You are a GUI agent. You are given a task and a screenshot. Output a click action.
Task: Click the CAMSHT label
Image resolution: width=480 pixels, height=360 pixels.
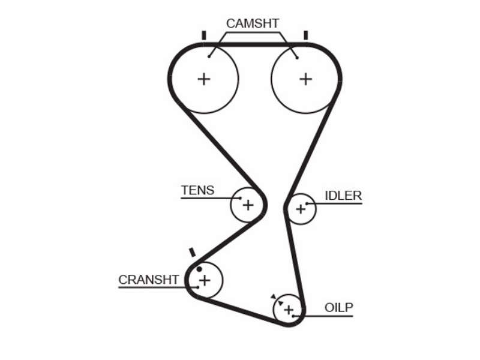click(x=253, y=23)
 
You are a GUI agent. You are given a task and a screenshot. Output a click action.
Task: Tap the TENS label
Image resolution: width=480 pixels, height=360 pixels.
click(x=198, y=190)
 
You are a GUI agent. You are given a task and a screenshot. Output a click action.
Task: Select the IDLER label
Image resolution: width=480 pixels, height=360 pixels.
click(x=343, y=196)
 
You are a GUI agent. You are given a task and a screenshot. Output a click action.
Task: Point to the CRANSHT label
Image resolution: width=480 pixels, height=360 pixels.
click(x=148, y=280)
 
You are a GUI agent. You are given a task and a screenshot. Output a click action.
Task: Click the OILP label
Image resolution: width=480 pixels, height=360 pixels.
click(x=339, y=308)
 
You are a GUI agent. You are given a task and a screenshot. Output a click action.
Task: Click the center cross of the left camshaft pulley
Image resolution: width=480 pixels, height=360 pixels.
click(x=204, y=79)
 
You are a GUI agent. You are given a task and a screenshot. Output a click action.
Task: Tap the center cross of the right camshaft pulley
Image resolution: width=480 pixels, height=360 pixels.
click(x=305, y=79)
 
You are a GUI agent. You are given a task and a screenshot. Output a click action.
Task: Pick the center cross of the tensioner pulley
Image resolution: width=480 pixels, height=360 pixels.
click(x=248, y=205)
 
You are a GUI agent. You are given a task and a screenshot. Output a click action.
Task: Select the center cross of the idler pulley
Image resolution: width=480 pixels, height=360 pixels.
click(x=301, y=209)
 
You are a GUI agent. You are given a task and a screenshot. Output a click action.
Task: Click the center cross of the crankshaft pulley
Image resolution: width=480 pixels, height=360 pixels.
click(x=205, y=280)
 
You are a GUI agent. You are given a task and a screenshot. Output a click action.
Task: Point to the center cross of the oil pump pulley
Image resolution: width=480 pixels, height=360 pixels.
click(x=289, y=310)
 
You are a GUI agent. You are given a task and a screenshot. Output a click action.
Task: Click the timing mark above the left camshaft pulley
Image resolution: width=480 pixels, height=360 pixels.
click(x=204, y=35)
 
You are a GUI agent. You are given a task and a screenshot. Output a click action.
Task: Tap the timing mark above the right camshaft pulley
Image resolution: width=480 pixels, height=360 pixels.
click(x=305, y=35)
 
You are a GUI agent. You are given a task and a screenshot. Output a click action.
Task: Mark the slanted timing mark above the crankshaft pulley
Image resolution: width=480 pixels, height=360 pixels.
click(x=192, y=253)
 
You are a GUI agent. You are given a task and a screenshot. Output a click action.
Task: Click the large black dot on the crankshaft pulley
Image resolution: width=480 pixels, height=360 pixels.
click(x=199, y=269)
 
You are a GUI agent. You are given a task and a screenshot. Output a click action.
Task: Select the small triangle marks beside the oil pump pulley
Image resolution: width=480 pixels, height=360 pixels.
click(x=277, y=300)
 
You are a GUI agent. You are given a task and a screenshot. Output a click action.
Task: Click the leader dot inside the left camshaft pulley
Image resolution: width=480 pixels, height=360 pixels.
click(x=209, y=56)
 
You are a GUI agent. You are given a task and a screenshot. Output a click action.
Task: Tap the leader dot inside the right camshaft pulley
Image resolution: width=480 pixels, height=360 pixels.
click(x=297, y=58)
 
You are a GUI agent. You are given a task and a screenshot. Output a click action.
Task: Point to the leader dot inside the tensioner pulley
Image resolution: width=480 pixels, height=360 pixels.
click(x=240, y=198)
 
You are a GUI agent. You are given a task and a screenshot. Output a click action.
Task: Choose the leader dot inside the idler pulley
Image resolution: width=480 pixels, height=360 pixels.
click(x=307, y=203)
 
